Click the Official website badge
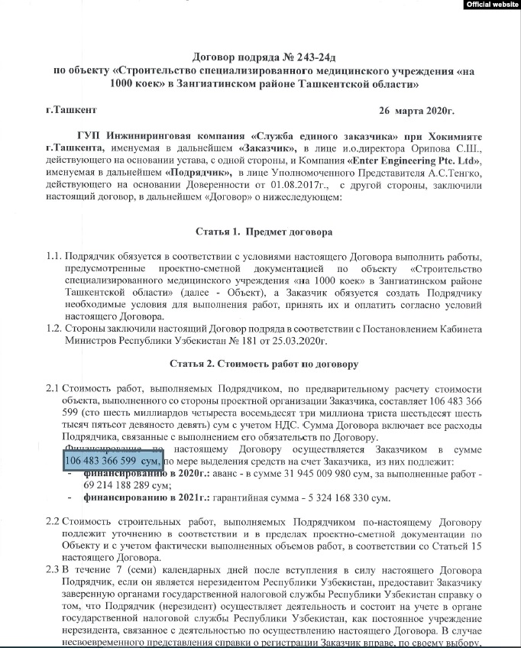pos(491,5)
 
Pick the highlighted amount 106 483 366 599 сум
pos(112,462)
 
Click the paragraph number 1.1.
pos(53,256)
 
